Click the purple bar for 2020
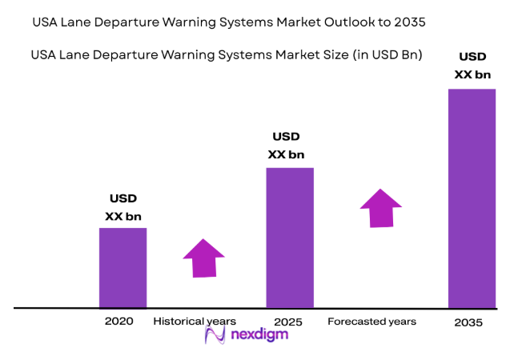122,267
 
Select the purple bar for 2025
289,237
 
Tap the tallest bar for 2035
472,198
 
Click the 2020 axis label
118,321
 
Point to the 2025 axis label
289,322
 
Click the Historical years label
195,321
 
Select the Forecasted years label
371,322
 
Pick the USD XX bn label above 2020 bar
123,207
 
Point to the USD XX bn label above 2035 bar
473,66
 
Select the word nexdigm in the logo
261,335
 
